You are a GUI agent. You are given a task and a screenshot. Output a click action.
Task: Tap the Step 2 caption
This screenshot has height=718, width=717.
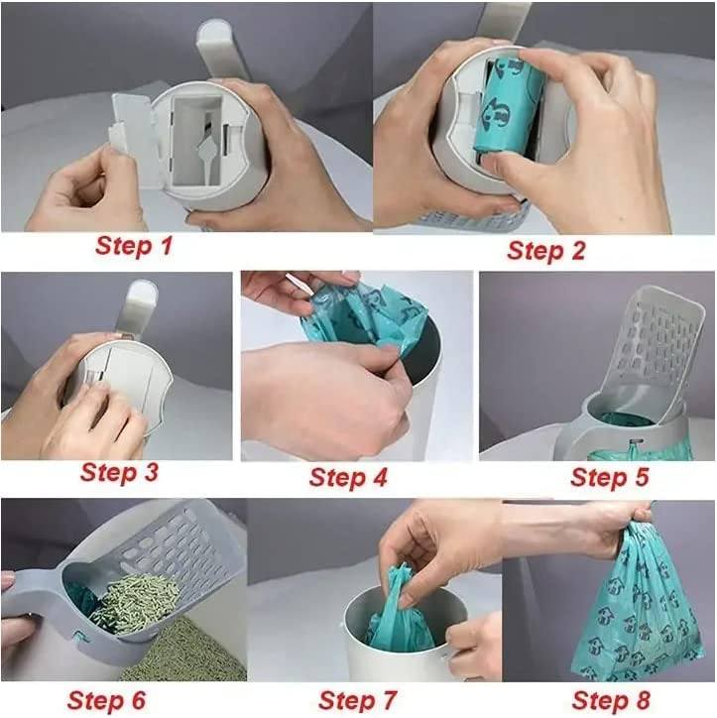tap(545, 250)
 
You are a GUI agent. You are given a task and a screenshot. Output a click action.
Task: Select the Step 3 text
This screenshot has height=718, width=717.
tap(119, 472)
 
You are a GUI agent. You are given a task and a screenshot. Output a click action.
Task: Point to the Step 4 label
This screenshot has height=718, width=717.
tap(348, 477)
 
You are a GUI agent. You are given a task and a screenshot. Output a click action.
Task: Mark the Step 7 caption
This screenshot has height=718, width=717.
tap(358, 700)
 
